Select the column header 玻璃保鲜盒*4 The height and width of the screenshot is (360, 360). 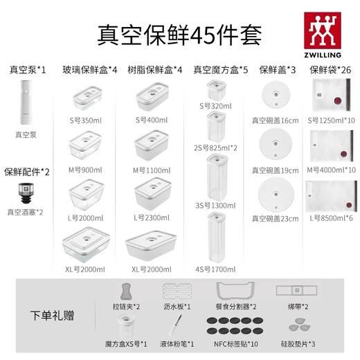(90, 69)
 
